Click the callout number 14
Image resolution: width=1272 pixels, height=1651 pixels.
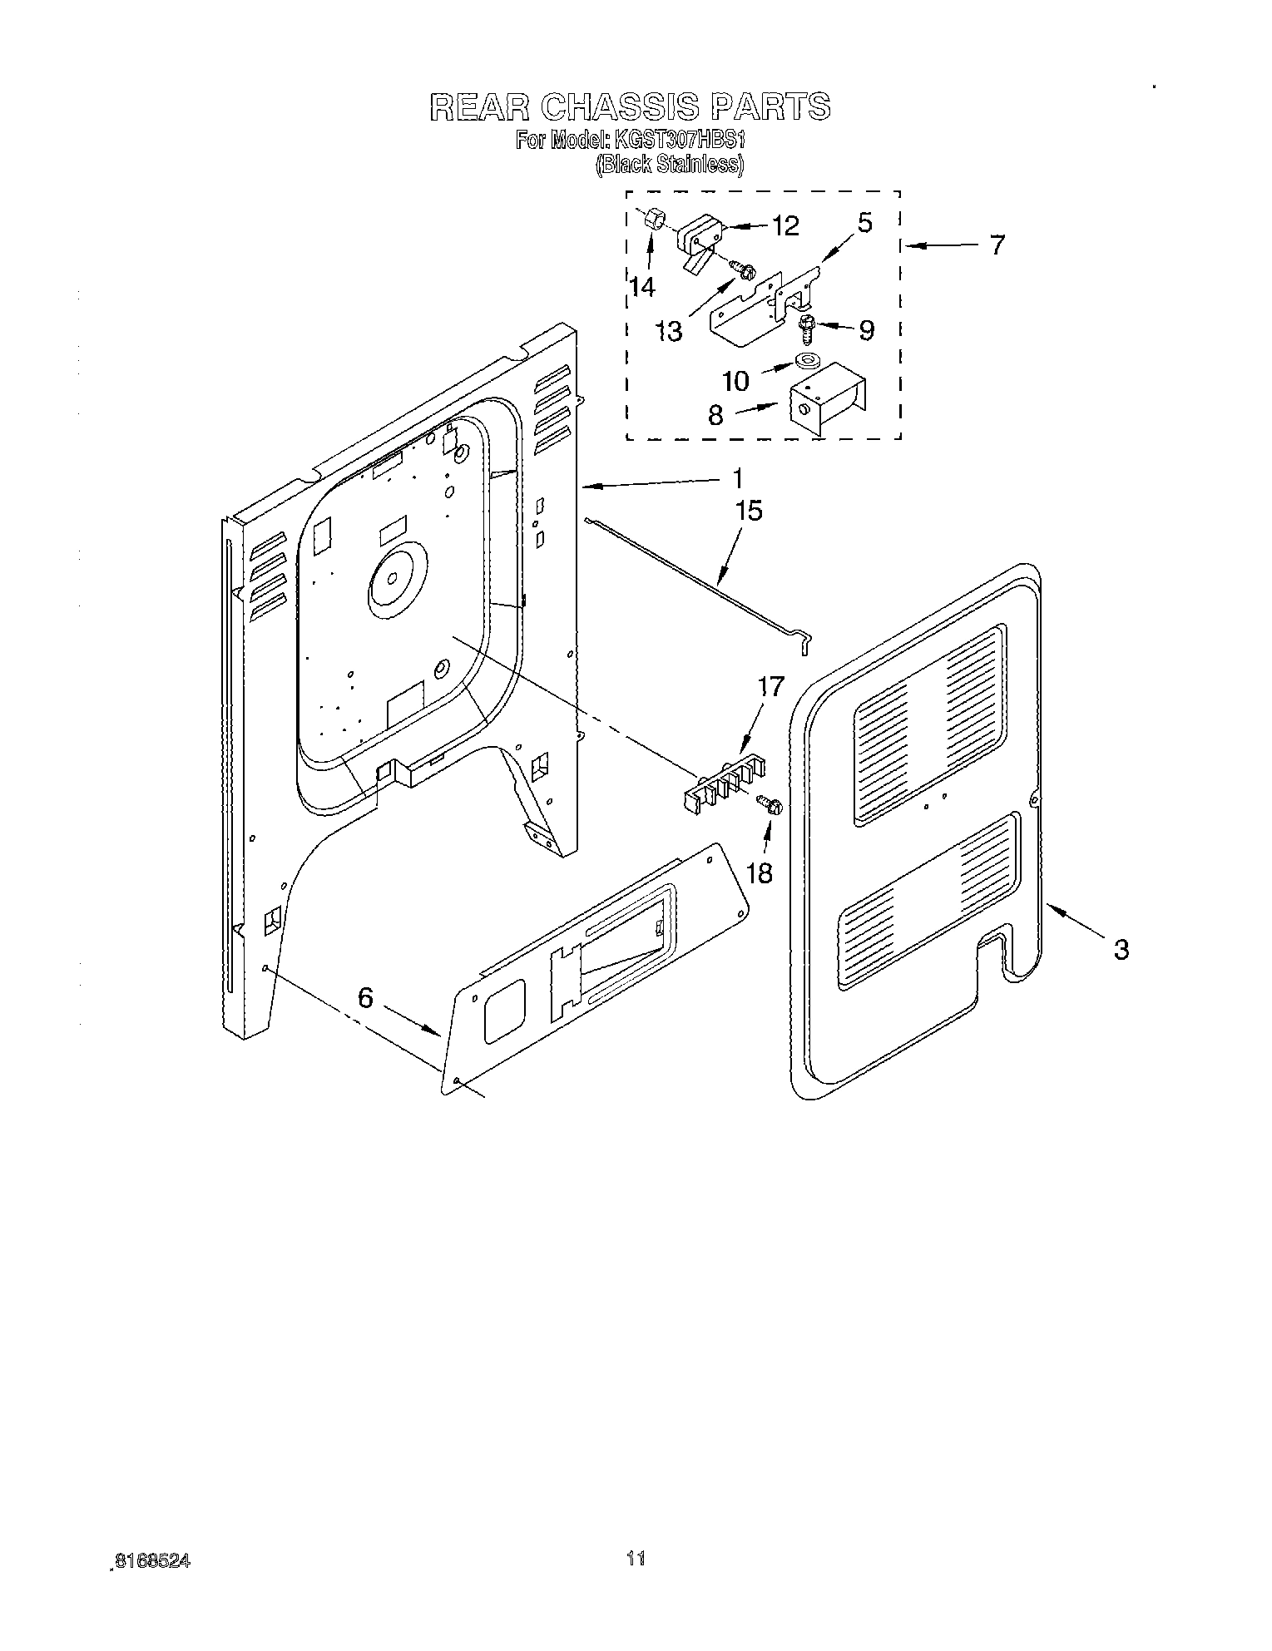point(642,287)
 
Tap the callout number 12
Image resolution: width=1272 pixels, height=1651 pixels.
point(784,225)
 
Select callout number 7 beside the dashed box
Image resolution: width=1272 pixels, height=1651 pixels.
point(996,245)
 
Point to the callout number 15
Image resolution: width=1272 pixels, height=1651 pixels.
point(749,510)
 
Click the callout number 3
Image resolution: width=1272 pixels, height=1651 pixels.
point(1121,948)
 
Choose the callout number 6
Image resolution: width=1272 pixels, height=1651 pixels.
point(366,997)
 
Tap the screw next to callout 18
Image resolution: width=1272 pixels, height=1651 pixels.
point(770,803)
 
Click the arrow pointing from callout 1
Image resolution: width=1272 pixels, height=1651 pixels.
point(649,482)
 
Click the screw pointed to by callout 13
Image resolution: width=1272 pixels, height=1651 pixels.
point(743,268)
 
